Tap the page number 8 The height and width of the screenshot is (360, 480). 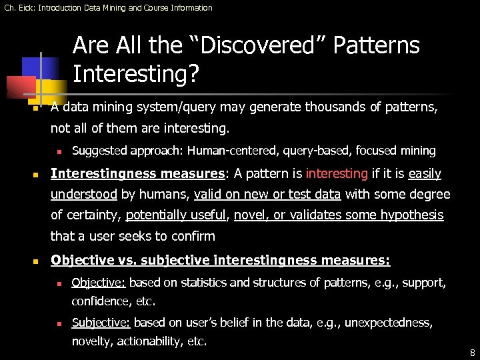tap(472, 353)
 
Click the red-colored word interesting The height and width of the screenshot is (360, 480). tap(337, 174)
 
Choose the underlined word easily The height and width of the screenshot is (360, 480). tap(425, 174)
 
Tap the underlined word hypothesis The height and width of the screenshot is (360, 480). tap(411, 215)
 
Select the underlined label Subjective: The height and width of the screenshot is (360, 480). tap(101, 323)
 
